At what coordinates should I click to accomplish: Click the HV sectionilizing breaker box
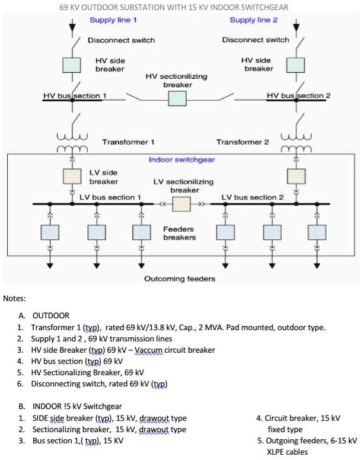click(x=177, y=98)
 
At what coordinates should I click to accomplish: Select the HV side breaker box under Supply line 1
click(x=72, y=65)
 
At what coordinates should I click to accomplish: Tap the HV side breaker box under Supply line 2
click(x=295, y=65)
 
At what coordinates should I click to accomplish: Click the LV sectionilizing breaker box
click(x=181, y=204)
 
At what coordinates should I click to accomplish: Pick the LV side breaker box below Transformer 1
click(x=72, y=176)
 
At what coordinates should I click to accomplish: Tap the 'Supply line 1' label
click(x=113, y=20)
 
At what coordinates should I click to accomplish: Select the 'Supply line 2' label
click(x=253, y=20)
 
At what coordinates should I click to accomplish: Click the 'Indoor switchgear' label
click(x=182, y=160)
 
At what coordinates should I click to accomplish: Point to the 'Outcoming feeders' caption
click(x=180, y=279)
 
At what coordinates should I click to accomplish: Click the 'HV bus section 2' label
click(x=299, y=95)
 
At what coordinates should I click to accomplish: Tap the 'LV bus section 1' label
click(x=110, y=197)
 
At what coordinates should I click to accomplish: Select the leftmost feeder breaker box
click(x=50, y=232)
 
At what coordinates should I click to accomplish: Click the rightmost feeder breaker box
click(x=317, y=232)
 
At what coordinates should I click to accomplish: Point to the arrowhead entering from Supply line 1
click(x=72, y=27)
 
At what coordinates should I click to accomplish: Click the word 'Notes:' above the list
click(x=14, y=299)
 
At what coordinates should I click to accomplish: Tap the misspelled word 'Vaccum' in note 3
click(x=148, y=350)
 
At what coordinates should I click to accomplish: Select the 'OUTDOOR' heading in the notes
click(x=51, y=316)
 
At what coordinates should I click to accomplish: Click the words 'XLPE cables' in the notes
click(x=287, y=452)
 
